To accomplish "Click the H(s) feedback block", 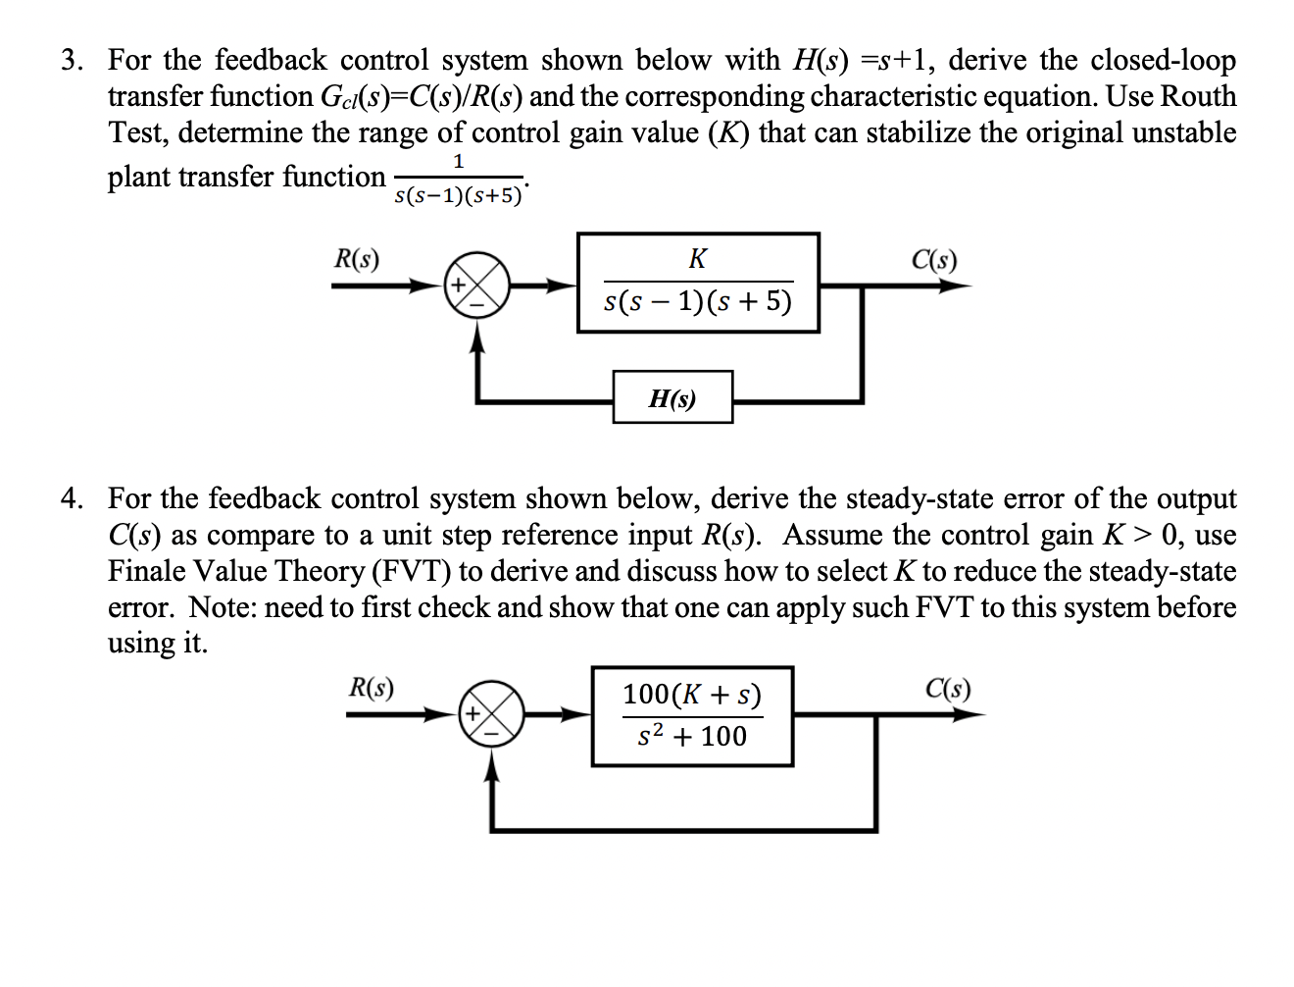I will [x=672, y=397].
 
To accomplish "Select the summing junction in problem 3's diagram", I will [x=477, y=286].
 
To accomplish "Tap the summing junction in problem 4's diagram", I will [x=492, y=714].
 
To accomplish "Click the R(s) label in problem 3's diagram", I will [x=357, y=259].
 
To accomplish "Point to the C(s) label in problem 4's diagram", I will [x=948, y=688].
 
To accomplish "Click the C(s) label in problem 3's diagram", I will [x=933, y=260].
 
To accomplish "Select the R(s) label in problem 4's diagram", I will [x=372, y=688].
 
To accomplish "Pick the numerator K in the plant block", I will [x=697, y=259].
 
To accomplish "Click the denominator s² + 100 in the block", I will [x=692, y=736].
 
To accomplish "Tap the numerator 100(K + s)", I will [x=692, y=695].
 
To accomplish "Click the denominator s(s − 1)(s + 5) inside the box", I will [x=697, y=301].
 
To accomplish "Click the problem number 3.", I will [x=72, y=61].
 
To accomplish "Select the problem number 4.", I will [x=72, y=499].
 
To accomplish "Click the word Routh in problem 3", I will [x=1198, y=97].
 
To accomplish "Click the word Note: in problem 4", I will [x=223, y=608].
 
